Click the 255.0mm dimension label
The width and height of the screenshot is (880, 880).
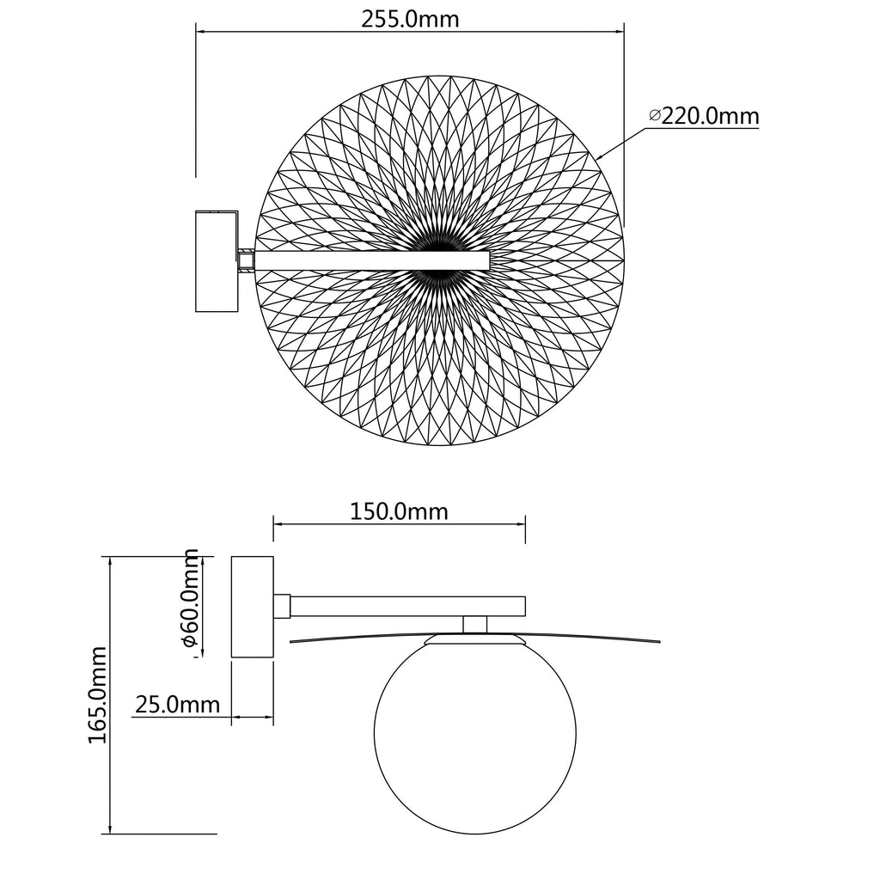[x=410, y=19]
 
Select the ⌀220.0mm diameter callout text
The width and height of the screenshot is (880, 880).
[x=704, y=116]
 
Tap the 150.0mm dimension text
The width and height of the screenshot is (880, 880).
[x=399, y=511]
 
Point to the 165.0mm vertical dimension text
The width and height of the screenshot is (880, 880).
[x=98, y=694]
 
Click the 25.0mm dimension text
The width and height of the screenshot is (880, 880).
[x=177, y=705]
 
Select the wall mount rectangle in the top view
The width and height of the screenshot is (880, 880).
[x=217, y=261]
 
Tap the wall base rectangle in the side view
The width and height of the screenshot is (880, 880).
[x=253, y=607]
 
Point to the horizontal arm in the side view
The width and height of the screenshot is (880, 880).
[x=407, y=606]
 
